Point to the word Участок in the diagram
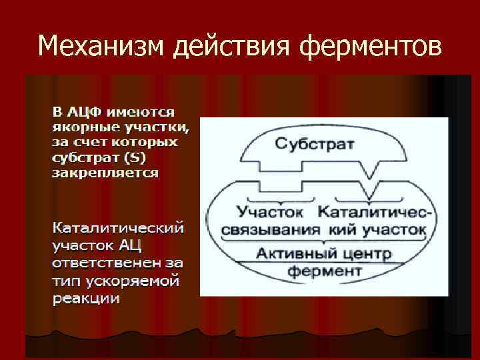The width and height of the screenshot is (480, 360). pyautogui.click(x=271, y=212)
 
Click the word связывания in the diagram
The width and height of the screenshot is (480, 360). pyautogui.click(x=266, y=230)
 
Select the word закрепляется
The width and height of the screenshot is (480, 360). pyautogui.click(x=105, y=173)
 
